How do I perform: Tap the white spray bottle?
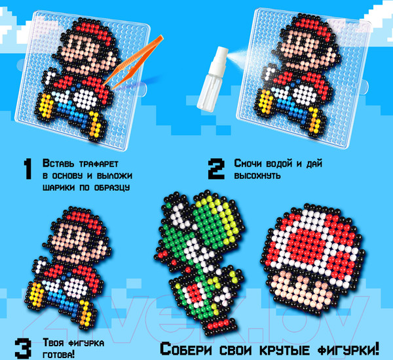click(x=212, y=79)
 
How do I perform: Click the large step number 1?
click(x=28, y=169)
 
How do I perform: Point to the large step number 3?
click(x=23, y=348)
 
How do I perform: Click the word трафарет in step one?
click(x=98, y=164)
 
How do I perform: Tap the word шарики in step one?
click(x=59, y=188)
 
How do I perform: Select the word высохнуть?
click(x=257, y=175)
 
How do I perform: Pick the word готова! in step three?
click(x=59, y=355)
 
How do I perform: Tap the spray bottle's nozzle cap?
click(x=221, y=54)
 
